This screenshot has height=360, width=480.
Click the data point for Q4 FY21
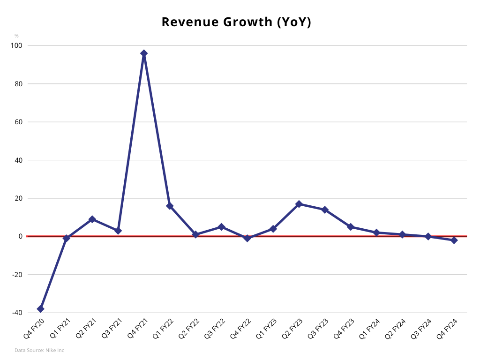point(144,53)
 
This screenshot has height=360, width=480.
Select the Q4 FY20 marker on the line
point(41,309)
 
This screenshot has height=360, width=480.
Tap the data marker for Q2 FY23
point(299,204)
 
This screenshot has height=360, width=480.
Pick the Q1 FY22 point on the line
point(170,206)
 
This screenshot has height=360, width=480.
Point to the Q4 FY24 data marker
point(454,240)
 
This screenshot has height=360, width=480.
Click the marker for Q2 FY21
point(92,219)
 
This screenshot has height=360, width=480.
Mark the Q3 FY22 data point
point(221,227)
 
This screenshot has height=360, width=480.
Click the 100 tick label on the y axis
point(18,45)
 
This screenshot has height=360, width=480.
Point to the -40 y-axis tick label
point(17,313)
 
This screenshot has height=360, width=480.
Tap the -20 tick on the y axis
point(17,274)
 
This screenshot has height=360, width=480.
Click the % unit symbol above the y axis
point(16,36)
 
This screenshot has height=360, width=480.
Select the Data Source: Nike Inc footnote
point(39,350)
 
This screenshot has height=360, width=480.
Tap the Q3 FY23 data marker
point(325,210)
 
